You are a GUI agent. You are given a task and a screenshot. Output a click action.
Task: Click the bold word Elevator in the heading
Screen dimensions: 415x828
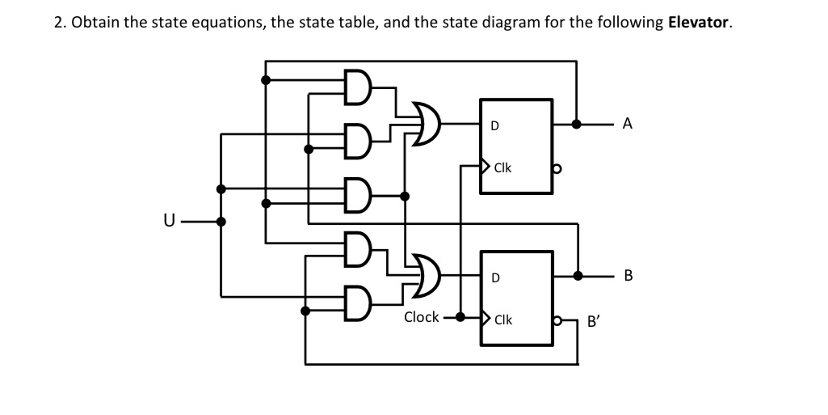tap(700, 22)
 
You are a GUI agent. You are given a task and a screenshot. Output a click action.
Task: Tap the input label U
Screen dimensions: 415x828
tap(168, 220)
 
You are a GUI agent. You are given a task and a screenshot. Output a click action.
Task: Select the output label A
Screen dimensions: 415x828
tap(628, 124)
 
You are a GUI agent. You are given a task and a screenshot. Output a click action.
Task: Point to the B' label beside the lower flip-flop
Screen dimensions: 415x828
tap(594, 320)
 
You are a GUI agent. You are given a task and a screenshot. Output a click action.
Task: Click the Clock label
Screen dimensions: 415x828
tap(421, 317)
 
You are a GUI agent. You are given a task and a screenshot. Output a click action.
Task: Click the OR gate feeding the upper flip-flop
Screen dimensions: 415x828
tap(427, 124)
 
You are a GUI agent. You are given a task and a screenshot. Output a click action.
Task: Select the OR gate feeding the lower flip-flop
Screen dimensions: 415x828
tap(427, 276)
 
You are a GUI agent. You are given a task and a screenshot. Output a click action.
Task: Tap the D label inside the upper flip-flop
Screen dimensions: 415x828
tap(494, 126)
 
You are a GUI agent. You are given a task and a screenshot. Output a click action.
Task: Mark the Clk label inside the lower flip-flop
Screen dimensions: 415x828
tap(502, 320)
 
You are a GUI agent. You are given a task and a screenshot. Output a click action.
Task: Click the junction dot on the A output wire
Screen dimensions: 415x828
tap(576, 125)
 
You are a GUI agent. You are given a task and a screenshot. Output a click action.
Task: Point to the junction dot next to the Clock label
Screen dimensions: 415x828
tap(460, 316)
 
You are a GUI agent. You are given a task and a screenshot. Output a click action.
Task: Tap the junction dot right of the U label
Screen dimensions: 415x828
tap(222, 220)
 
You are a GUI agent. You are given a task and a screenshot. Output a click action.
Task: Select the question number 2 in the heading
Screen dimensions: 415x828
tap(58, 22)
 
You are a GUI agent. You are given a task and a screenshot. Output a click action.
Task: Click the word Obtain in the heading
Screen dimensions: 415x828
tap(94, 22)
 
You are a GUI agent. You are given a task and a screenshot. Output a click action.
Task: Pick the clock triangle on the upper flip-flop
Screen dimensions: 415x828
tap(485, 167)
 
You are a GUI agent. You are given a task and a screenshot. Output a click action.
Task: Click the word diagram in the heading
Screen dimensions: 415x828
tap(509, 22)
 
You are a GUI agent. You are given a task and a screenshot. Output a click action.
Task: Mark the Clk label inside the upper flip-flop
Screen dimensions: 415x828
tap(502, 168)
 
